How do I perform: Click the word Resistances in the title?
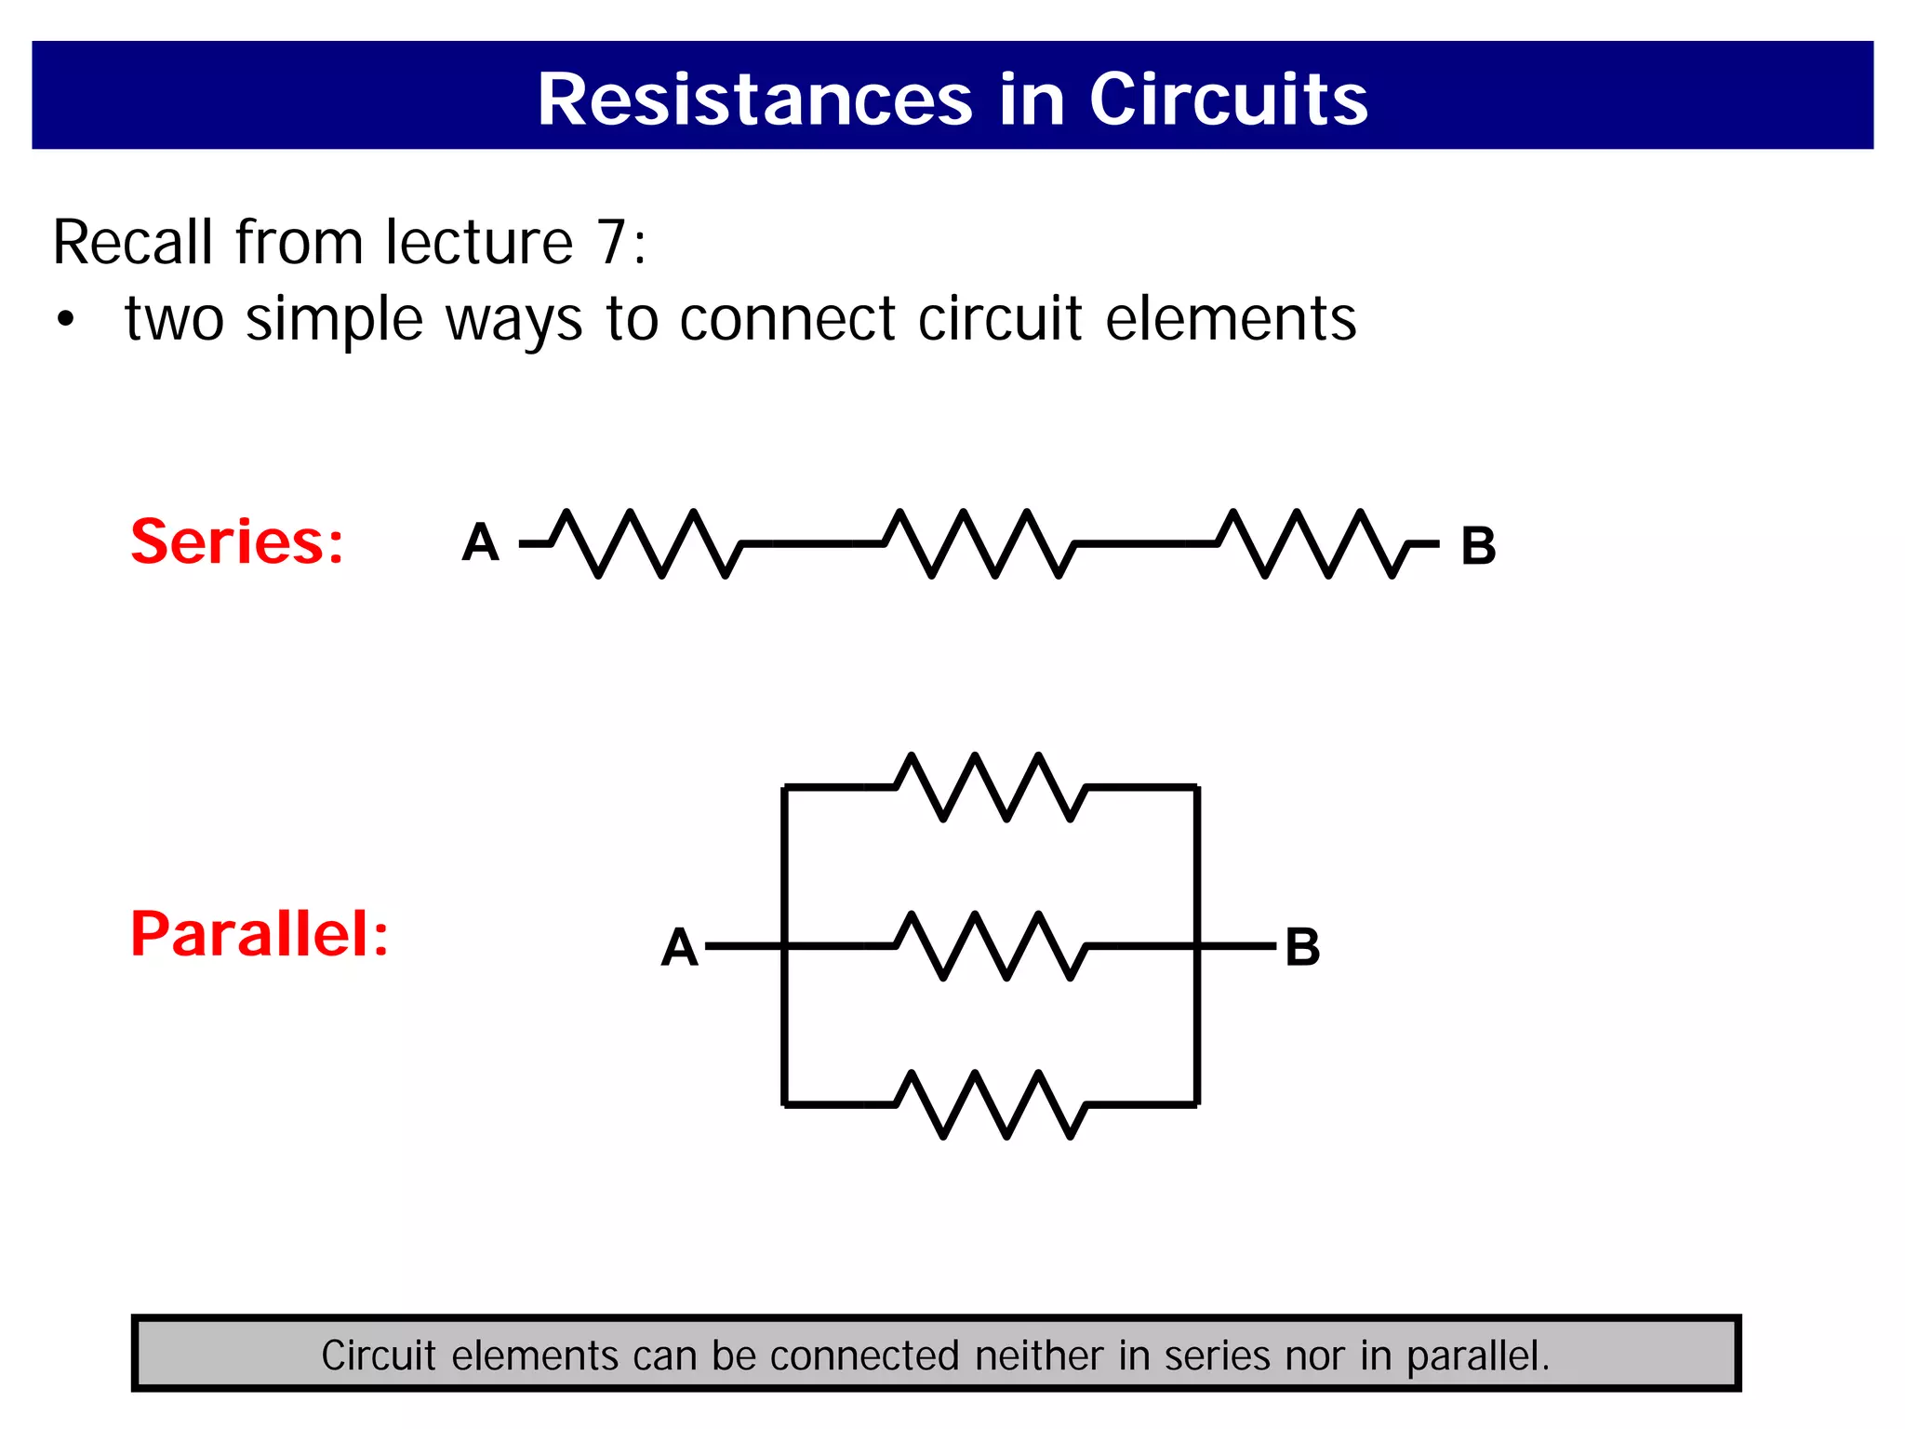(754, 100)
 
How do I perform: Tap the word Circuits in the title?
(1228, 100)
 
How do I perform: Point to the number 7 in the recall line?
(612, 242)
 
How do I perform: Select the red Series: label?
(237, 541)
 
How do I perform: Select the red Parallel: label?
(260, 934)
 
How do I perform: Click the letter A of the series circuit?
(480, 542)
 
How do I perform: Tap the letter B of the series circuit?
(1478, 546)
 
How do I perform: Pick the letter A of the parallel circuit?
(679, 948)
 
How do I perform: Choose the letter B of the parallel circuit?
(1302, 948)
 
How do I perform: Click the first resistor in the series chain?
(646, 543)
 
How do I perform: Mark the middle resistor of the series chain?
(979, 543)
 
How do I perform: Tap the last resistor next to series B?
(1313, 543)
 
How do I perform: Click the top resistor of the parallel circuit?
(991, 787)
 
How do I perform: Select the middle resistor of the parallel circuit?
(991, 946)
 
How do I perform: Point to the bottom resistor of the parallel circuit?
(991, 1104)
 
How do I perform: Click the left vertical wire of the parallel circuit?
(785, 865)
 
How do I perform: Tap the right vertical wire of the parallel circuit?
(1197, 865)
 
